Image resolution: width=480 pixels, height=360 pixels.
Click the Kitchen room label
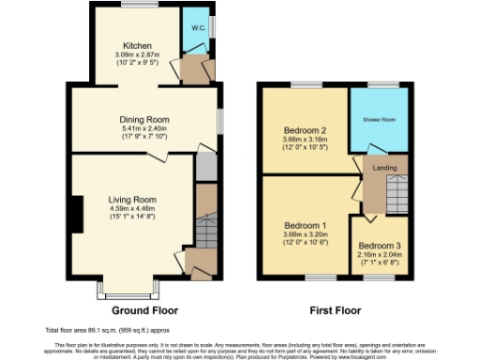coord(137,45)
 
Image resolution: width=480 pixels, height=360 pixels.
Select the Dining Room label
coord(142,120)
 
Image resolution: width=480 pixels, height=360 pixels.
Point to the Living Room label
coord(130,200)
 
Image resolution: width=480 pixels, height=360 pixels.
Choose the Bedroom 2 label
coord(304,130)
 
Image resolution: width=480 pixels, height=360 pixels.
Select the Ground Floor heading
coord(144,310)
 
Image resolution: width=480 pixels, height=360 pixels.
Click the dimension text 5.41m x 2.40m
coord(142,130)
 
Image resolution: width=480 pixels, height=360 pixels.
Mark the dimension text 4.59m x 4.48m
coord(130,210)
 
